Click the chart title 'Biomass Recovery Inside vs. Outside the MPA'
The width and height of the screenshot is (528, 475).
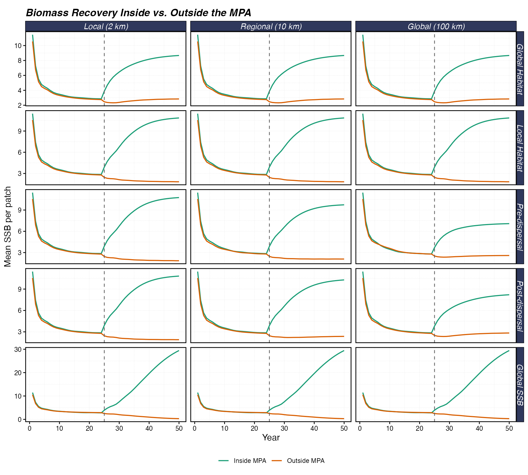coord(138,13)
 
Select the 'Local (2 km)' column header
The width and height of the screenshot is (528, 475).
coord(106,26)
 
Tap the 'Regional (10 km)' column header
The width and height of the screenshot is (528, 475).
coord(271,26)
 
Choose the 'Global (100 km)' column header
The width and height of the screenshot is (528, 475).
coord(436,26)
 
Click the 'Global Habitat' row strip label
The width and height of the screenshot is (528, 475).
coord(519,69)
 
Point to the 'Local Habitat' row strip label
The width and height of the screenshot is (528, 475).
coord(519,148)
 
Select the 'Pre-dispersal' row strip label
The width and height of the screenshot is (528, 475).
coord(519,227)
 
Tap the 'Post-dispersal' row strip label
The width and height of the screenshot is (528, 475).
coord(519,305)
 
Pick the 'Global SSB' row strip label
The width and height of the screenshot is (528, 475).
coord(519,385)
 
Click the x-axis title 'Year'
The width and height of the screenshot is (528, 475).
coord(271,438)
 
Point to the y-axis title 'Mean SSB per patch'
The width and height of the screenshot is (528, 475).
coord(8,227)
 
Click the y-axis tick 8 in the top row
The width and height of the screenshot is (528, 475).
coord(20,60)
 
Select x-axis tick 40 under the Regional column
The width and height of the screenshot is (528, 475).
coord(314,428)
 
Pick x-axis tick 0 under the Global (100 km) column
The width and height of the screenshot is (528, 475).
coord(360,428)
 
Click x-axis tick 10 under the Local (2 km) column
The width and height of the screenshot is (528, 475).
coord(59,428)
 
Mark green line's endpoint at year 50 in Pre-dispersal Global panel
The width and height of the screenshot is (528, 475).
coord(509,223)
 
